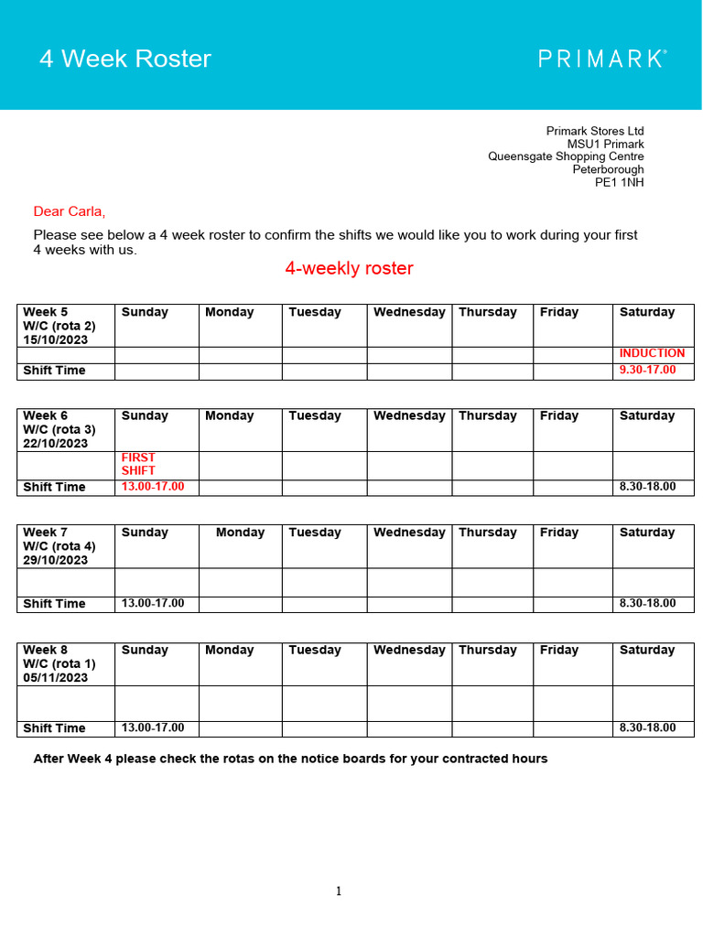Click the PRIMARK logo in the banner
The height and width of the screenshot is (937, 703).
(x=601, y=59)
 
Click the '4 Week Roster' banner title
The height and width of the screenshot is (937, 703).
(x=124, y=59)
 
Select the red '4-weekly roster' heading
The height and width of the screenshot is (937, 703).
(x=349, y=268)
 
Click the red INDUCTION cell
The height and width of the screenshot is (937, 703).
(x=652, y=353)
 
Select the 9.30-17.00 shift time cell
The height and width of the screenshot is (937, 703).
(x=647, y=370)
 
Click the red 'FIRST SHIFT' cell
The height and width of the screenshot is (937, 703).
(x=139, y=464)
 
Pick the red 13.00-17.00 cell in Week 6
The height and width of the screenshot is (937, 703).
(x=153, y=487)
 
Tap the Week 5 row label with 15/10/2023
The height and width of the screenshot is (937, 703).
(x=59, y=326)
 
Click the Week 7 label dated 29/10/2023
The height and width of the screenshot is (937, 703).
(x=59, y=546)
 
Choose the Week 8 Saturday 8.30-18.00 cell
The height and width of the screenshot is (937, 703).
(x=647, y=727)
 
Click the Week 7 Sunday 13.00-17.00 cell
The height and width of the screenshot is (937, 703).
(x=153, y=603)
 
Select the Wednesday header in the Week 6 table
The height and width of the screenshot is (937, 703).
(x=409, y=415)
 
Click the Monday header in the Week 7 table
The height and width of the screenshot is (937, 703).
(x=240, y=533)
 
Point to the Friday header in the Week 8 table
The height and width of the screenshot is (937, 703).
(x=558, y=650)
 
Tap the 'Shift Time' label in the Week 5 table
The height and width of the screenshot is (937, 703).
(x=54, y=371)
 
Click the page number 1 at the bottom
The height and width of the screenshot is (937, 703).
(x=339, y=891)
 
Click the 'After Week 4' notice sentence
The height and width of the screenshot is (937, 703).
(x=290, y=759)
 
